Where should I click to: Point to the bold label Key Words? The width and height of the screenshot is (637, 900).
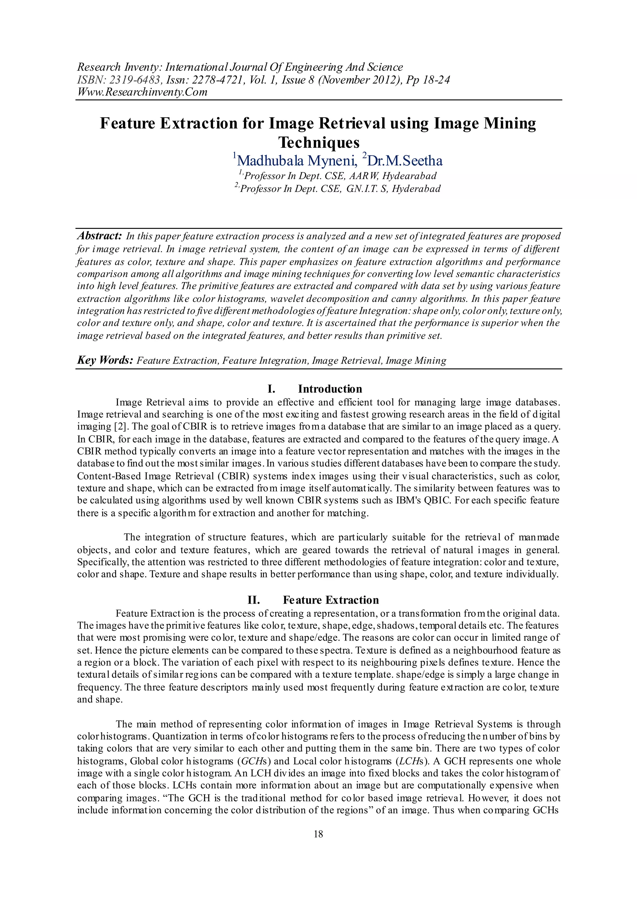105,360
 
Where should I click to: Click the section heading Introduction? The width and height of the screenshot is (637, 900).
330,389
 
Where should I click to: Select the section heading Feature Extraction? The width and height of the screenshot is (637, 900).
331,600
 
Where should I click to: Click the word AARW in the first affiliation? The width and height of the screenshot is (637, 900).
365,176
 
